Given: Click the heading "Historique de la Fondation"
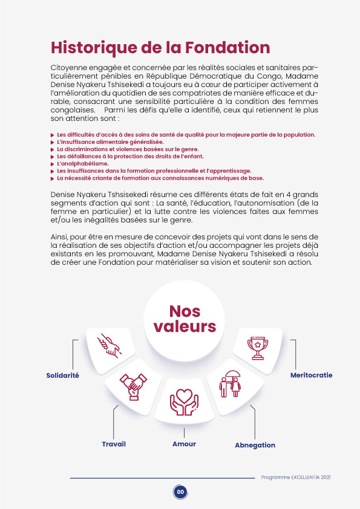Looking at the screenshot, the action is click(x=160, y=47).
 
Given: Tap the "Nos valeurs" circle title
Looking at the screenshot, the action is click(x=185, y=319).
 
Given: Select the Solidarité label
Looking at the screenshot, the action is click(x=63, y=375).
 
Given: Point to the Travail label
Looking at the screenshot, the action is click(x=114, y=444).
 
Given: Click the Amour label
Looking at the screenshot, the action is click(x=184, y=444).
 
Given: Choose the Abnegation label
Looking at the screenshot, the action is click(x=255, y=445).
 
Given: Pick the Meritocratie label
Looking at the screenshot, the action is click(x=311, y=375).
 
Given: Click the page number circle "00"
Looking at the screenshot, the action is click(x=180, y=491).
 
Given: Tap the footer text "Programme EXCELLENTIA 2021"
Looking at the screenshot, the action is click(x=296, y=477).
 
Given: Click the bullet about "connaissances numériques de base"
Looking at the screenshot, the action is click(x=160, y=179).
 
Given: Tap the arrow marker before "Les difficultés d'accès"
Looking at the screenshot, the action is click(x=52, y=134).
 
